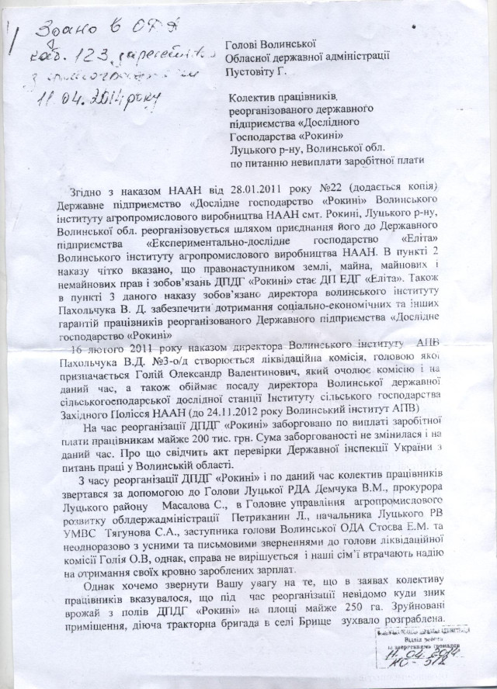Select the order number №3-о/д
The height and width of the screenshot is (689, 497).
tap(168, 361)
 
